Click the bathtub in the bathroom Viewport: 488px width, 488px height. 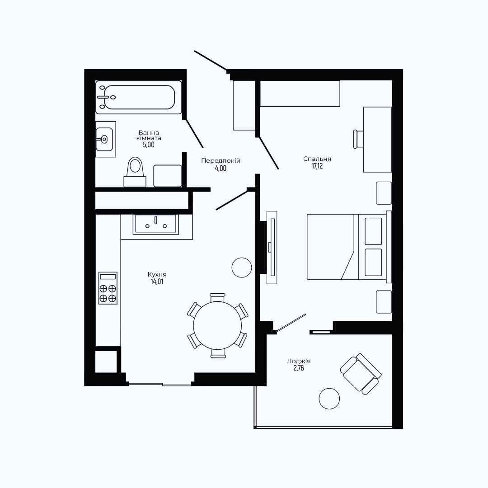139,98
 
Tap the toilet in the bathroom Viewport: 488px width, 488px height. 135,172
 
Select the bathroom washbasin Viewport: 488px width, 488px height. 105,139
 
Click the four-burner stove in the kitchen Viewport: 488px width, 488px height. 108,288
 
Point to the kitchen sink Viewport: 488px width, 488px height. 155,224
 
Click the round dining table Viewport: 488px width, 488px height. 217,325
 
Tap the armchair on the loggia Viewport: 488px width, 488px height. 361,374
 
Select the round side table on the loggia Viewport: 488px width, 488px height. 329,399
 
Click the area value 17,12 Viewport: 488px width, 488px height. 317,166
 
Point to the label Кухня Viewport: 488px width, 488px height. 157,275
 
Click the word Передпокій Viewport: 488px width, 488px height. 221,161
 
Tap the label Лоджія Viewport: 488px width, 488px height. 299,361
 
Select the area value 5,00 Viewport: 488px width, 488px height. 149,145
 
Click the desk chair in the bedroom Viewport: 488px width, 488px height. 358,139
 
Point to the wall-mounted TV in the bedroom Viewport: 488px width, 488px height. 272,248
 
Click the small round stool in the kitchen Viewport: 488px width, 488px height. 242,267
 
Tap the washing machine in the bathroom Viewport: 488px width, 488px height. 168,176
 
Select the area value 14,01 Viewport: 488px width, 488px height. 157,282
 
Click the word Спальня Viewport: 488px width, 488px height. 317,159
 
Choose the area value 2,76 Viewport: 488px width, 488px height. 299,368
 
